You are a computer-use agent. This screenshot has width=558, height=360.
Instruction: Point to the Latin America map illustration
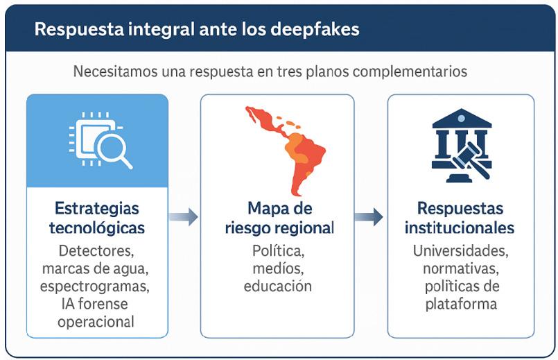288,149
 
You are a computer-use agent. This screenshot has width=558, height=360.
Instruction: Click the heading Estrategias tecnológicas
97,218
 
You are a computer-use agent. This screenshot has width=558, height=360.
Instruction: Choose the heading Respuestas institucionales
460,218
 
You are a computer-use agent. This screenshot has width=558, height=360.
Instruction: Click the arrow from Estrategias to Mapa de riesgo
183,217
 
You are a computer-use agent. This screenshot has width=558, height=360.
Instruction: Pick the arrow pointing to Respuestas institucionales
369,217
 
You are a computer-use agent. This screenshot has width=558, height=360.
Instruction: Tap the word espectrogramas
98,286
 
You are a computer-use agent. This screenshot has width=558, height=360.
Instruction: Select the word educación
278,286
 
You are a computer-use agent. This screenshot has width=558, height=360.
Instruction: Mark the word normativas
460,268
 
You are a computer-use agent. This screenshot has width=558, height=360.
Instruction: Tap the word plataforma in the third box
460,304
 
